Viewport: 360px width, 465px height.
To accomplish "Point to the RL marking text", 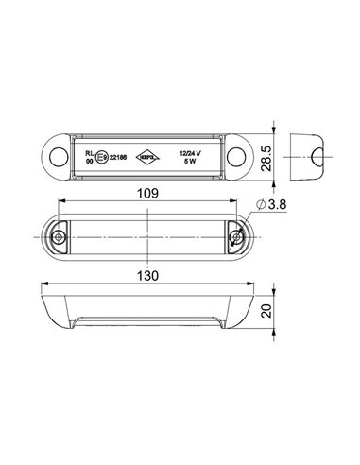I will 90,150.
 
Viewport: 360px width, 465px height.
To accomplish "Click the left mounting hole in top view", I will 60,154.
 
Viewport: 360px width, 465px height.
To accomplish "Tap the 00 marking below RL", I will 90,160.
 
